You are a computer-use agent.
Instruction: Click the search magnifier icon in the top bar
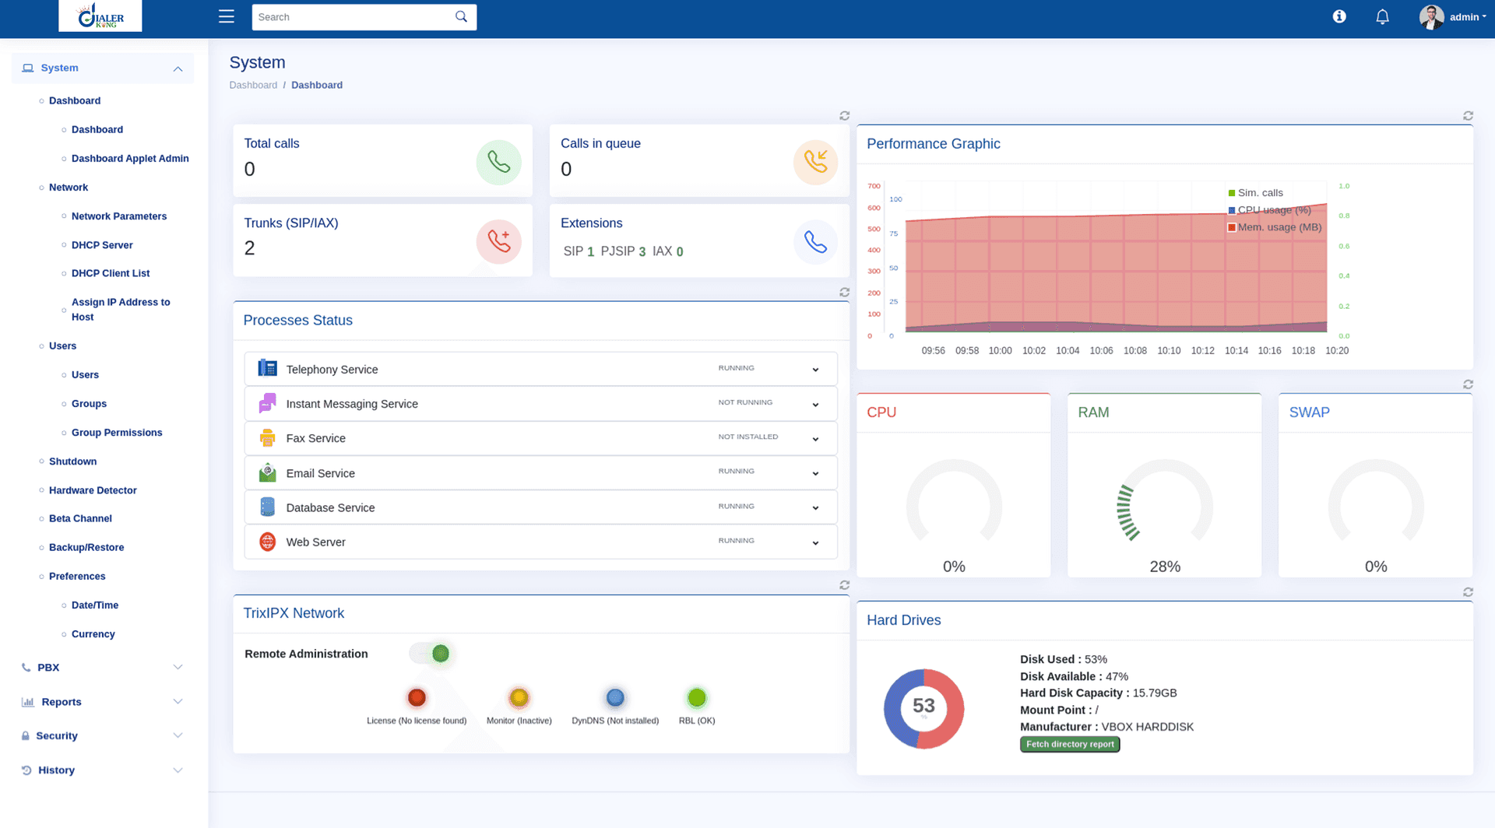pyautogui.click(x=461, y=16)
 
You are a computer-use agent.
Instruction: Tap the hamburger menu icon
pyautogui.click(x=226, y=16)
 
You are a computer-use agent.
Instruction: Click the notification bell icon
pyautogui.click(x=1382, y=16)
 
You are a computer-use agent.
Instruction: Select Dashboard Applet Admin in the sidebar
pyautogui.click(x=130, y=158)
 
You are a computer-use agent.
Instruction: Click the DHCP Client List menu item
pyautogui.click(x=111, y=273)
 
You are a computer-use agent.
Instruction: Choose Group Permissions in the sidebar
pyautogui.click(x=117, y=433)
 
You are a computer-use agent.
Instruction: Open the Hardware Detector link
pyautogui.click(x=93, y=490)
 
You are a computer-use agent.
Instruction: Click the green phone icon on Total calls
pyautogui.click(x=498, y=162)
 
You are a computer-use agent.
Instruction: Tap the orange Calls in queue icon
pyautogui.click(x=815, y=162)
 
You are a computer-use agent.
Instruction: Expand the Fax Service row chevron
pyautogui.click(x=815, y=439)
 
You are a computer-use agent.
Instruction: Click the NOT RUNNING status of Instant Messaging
pyautogui.click(x=745, y=403)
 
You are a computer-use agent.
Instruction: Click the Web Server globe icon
pyautogui.click(x=267, y=542)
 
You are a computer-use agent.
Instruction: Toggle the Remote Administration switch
pyautogui.click(x=431, y=654)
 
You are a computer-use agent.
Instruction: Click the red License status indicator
pyautogui.click(x=417, y=698)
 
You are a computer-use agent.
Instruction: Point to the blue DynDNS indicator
pyautogui.click(x=615, y=698)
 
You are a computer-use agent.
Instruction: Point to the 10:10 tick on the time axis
pyautogui.click(x=1169, y=351)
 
